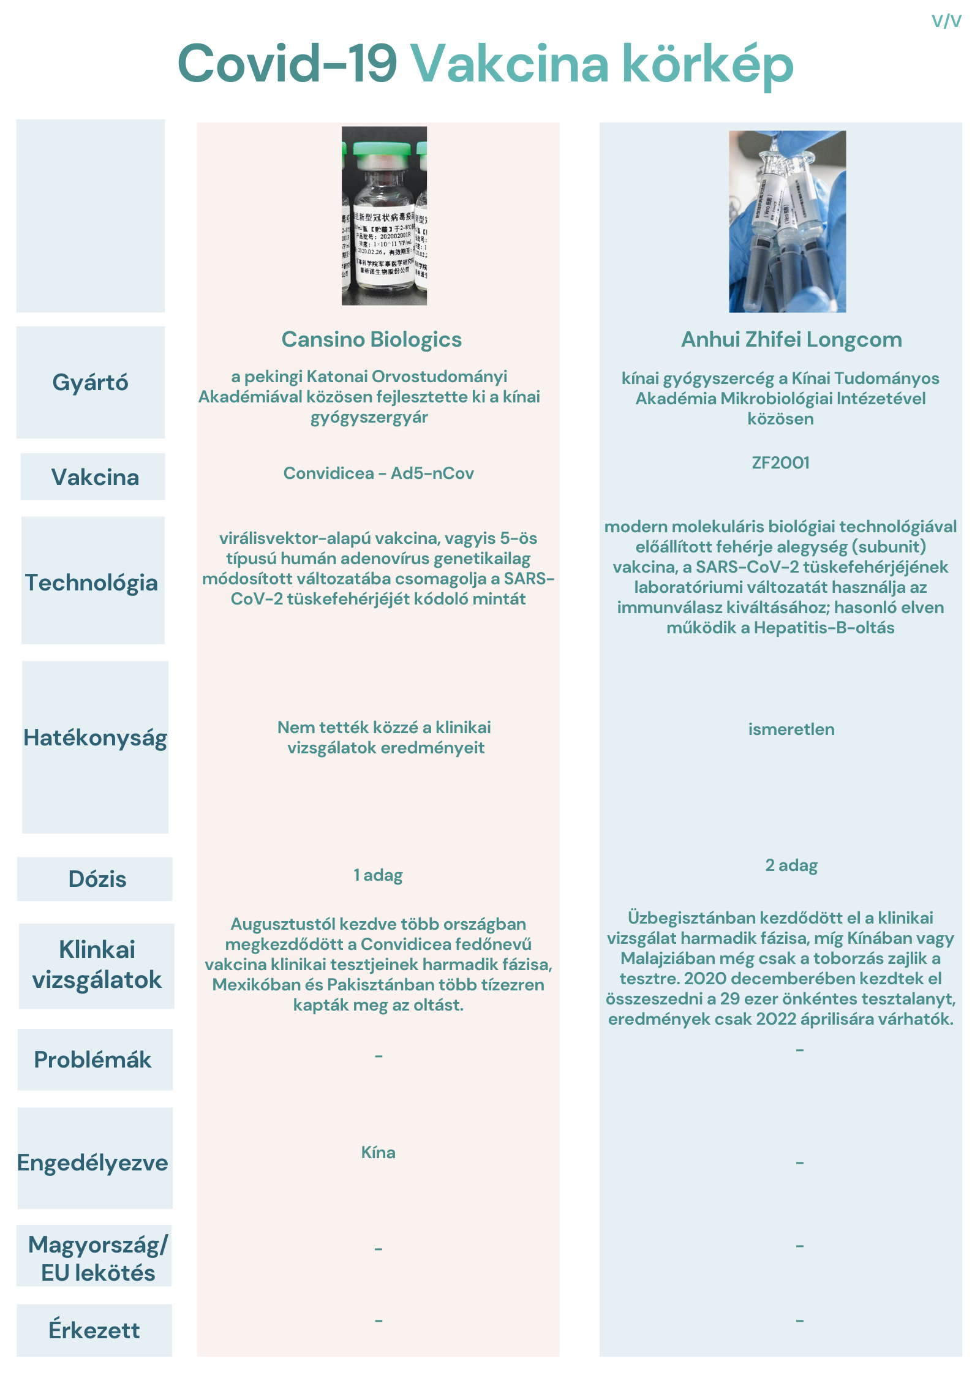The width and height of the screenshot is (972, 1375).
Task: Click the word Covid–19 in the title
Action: (x=287, y=63)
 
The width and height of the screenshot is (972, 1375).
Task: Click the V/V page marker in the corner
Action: (x=946, y=21)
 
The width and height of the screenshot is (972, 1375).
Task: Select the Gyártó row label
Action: (x=91, y=382)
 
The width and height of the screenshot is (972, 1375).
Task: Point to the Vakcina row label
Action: (x=95, y=477)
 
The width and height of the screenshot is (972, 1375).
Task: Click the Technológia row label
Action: (x=91, y=582)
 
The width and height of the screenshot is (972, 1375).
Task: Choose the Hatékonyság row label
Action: (x=95, y=737)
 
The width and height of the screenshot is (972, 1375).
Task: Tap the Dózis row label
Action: (x=97, y=879)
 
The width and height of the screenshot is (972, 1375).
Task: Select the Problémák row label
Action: (x=92, y=1060)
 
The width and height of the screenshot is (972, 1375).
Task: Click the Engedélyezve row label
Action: (x=92, y=1162)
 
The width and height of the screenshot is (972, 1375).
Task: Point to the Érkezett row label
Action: (x=94, y=1330)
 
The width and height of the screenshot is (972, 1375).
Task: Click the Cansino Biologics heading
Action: (x=371, y=339)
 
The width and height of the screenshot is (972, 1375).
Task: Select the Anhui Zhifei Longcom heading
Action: (x=791, y=339)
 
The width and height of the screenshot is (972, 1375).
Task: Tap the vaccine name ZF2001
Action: (x=780, y=462)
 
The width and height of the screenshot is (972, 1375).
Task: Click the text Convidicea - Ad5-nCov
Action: (x=379, y=473)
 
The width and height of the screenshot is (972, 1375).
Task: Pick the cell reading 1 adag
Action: (x=378, y=875)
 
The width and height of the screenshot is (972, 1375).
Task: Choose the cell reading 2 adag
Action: (x=791, y=865)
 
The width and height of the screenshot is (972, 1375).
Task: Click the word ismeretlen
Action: (x=791, y=729)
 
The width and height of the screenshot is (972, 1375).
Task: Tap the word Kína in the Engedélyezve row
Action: (x=378, y=1153)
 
